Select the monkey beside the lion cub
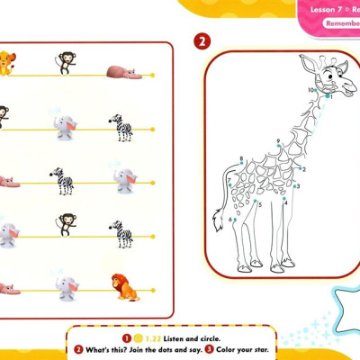65,63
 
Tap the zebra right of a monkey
121,234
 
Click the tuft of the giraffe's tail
217,219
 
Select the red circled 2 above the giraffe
202,41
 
